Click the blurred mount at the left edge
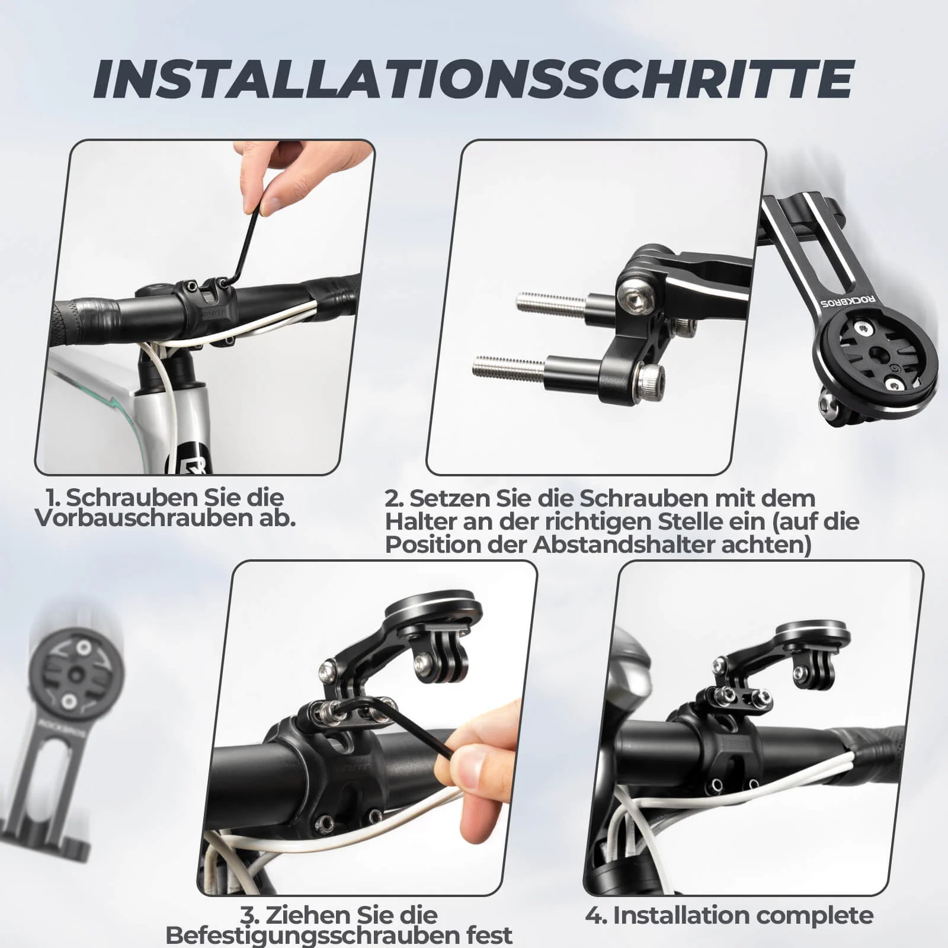[x=59, y=741]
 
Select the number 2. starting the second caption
[x=393, y=498]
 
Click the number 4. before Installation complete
[x=595, y=915]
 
